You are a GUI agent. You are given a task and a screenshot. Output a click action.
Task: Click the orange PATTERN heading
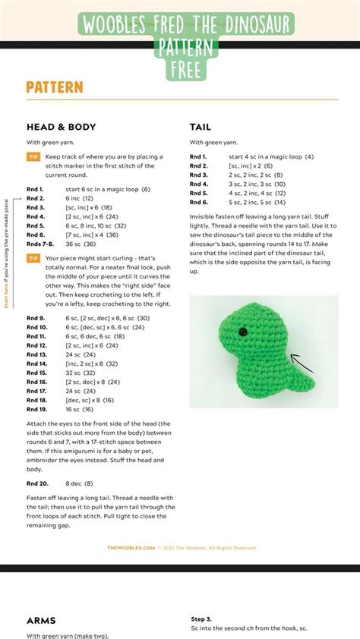point(54,87)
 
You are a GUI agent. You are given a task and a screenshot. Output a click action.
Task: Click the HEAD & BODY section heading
point(61,127)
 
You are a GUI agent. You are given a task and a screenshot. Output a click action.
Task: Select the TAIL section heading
point(201,127)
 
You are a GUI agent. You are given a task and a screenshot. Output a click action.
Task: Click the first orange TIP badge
point(33,156)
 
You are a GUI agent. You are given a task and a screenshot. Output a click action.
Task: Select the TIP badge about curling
point(33,258)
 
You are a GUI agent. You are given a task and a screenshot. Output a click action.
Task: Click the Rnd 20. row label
point(37,483)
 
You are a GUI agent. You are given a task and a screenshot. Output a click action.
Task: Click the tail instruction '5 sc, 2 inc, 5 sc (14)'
point(257,202)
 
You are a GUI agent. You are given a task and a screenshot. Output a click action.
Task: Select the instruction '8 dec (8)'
point(79,483)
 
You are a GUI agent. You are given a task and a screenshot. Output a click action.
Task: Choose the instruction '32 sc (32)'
point(81,373)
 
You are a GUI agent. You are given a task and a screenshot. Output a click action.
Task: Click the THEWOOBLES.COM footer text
point(131,547)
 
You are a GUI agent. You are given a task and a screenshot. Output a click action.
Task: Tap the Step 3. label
point(201,619)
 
